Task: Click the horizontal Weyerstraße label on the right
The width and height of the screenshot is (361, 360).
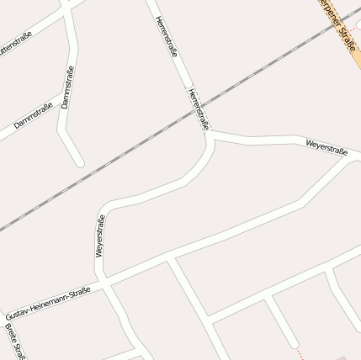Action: tap(326, 148)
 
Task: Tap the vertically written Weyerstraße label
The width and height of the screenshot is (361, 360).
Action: tap(100, 236)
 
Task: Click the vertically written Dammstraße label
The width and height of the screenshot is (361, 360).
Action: tap(67, 87)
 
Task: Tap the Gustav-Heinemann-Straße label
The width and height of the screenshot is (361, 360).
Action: tap(49, 301)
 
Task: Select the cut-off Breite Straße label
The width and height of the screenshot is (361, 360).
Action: tap(20, 341)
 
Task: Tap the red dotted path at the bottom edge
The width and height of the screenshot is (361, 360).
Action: tap(297, 352)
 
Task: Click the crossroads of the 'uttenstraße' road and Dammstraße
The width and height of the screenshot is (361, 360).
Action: tap(67, 10)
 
